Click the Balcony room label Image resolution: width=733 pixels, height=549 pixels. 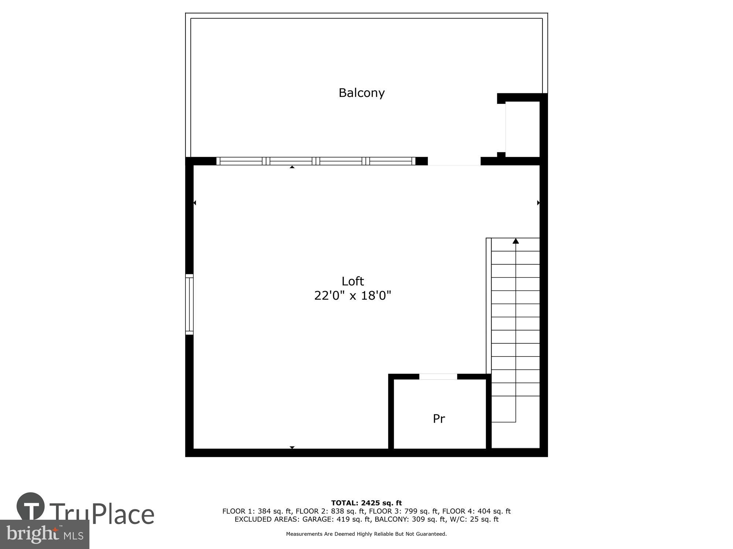click(361, 93)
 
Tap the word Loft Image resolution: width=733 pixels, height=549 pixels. click(353, 281)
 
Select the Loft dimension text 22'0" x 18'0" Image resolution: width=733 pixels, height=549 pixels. click(353, 295)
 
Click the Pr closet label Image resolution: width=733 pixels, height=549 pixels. click(439, 419)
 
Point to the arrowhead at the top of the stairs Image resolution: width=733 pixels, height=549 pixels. click(516, 241)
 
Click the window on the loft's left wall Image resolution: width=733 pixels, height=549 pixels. click(189, 304)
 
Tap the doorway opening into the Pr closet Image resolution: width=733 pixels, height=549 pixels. click(438, 377)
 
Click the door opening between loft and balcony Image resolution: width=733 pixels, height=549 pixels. click(454, 161)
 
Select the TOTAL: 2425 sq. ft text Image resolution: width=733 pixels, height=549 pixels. click(366, 503)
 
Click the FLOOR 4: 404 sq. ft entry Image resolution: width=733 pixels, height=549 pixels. click(476, 511)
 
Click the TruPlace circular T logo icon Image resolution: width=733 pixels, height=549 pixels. click(31, 507)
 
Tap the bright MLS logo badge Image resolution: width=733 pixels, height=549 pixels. click(44, 534)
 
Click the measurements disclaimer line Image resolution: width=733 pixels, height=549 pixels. click(366, 534)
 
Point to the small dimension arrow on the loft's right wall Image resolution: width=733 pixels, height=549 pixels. click(538, 203)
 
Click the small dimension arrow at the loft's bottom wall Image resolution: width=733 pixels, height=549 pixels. click(292, 447)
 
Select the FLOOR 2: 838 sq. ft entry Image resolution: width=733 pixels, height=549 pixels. click(330, 511)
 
